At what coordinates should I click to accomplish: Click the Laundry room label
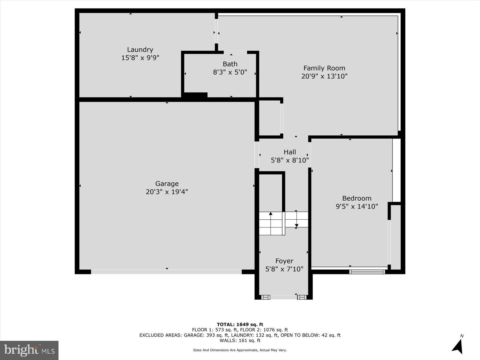(x=140, y=50)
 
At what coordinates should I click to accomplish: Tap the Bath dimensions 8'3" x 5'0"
(x=230, y=72)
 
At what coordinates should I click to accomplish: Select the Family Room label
(x=324, y=68)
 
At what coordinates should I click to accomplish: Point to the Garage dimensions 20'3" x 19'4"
(x=167, y=192)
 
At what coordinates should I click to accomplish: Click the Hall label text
(x=290, y=152)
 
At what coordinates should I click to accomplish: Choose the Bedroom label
(x=357, y=198)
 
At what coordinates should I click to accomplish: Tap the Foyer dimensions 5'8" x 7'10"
(x=284, y=269)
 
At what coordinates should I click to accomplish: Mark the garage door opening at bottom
(x=166, y=272)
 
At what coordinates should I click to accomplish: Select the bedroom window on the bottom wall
(x=367, y=272)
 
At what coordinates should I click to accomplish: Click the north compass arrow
(x=458, y=346)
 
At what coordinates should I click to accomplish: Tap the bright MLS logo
(x=29, y=350)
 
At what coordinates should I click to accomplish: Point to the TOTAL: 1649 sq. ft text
(x=240, y=324)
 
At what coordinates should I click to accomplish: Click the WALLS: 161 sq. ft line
(x=240, y=340)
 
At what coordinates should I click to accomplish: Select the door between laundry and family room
(x=216, y=31)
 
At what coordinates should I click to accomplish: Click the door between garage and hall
(x=257, y=155)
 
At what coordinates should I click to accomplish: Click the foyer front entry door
(x=283, y=297)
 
